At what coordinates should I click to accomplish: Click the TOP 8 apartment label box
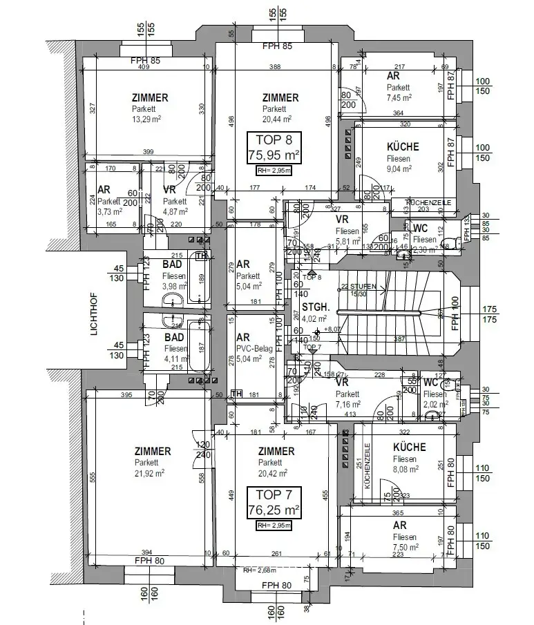[x=274, y=148]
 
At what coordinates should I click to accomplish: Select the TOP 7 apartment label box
[x=274, y=503]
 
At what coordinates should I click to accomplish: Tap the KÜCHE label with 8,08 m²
[x=409, y=447]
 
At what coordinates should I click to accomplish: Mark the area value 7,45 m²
[x=399, y=98]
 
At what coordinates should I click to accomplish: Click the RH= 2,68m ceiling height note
[x=258, y=570]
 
